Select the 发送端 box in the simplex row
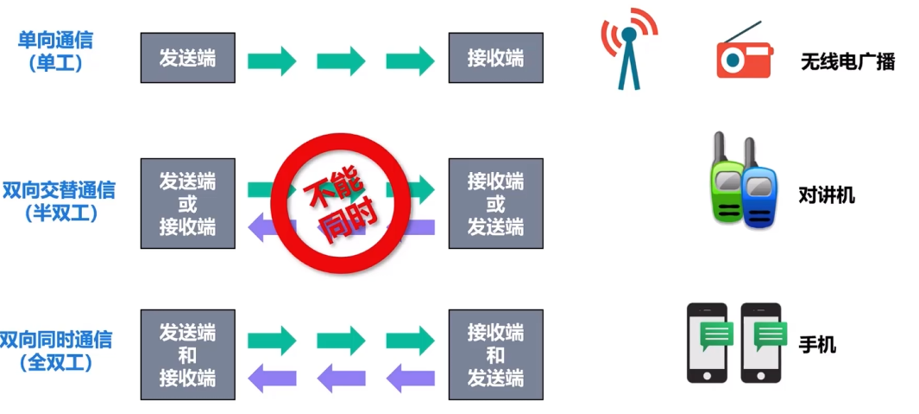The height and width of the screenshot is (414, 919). [x=188, y=58]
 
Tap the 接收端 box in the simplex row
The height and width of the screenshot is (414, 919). [x=495, y=58]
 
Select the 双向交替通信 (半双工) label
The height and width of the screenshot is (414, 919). [x=59, y=201]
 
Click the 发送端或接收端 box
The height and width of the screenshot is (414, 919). [x=188, y=203]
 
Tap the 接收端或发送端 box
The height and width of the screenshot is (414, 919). [x=495, y=203]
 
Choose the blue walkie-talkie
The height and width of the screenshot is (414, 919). [x=759, y=195]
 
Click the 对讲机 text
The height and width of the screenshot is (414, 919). [x=827, y=194]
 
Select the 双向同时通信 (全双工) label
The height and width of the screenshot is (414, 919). [x=56, y=350]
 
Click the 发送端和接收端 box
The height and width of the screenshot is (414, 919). [x=188, y=354]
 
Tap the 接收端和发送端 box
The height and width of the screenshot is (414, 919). [x=495, y=354]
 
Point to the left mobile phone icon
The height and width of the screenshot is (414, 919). [x=707, y=342]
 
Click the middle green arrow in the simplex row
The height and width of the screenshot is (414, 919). [x=341, y=61]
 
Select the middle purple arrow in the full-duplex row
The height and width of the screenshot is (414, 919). [x=341, y=377]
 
